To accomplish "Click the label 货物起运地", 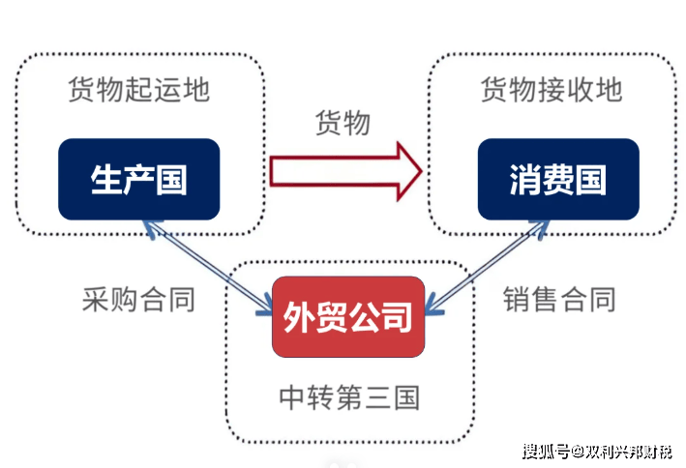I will pos(138,90).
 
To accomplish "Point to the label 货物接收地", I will pos(552,90).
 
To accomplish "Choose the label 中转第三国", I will pos(349,397).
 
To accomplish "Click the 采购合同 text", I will pos(139,299).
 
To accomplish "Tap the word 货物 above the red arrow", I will pos(343,124).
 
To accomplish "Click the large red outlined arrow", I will pos(339,173).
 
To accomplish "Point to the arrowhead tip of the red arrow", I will pos(421,173).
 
